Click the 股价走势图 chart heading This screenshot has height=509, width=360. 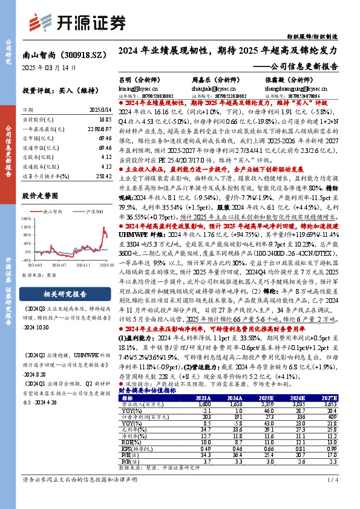coord(42,196)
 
